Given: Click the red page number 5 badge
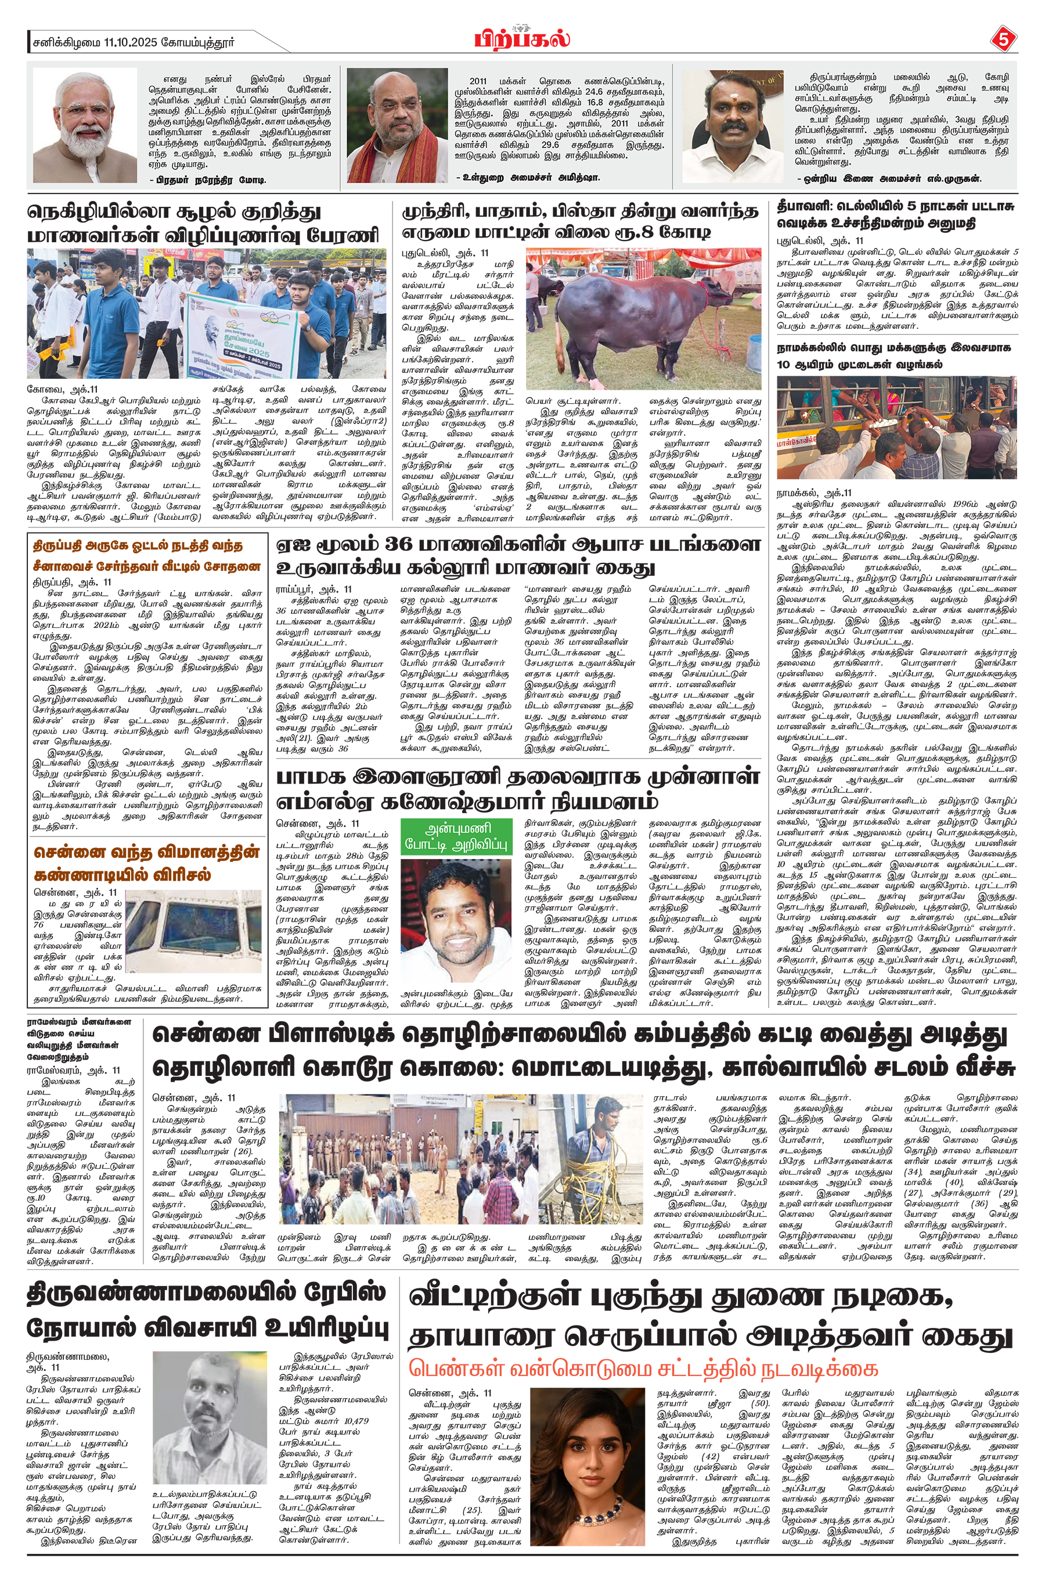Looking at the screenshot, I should pyautogui.click(x=1004, y=39).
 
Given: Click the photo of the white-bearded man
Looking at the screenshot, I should pyautogui.click(x=85, y=125).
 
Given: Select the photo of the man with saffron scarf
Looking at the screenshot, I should pyautogui.click(x=397, y=125).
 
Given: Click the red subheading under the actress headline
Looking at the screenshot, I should pyautogui.click(x=643, y=1369).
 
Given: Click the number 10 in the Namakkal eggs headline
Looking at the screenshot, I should pyautogui.click(x=784, y=365).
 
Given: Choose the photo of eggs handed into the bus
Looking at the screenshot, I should pyautogui.click(x=896, y=427).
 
